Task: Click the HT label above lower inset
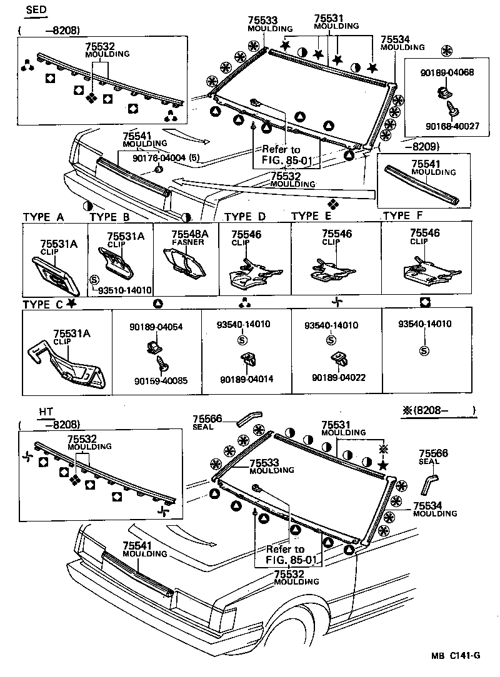pos(45,412)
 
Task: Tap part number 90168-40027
pos(452,126)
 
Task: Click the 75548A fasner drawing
pos(185,264)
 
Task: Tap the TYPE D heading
pos(244,217)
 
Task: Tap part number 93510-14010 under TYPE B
pos(124,290)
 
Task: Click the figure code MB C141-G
pos(455,656)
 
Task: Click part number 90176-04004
pos(160,158)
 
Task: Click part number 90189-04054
pos(156,325)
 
